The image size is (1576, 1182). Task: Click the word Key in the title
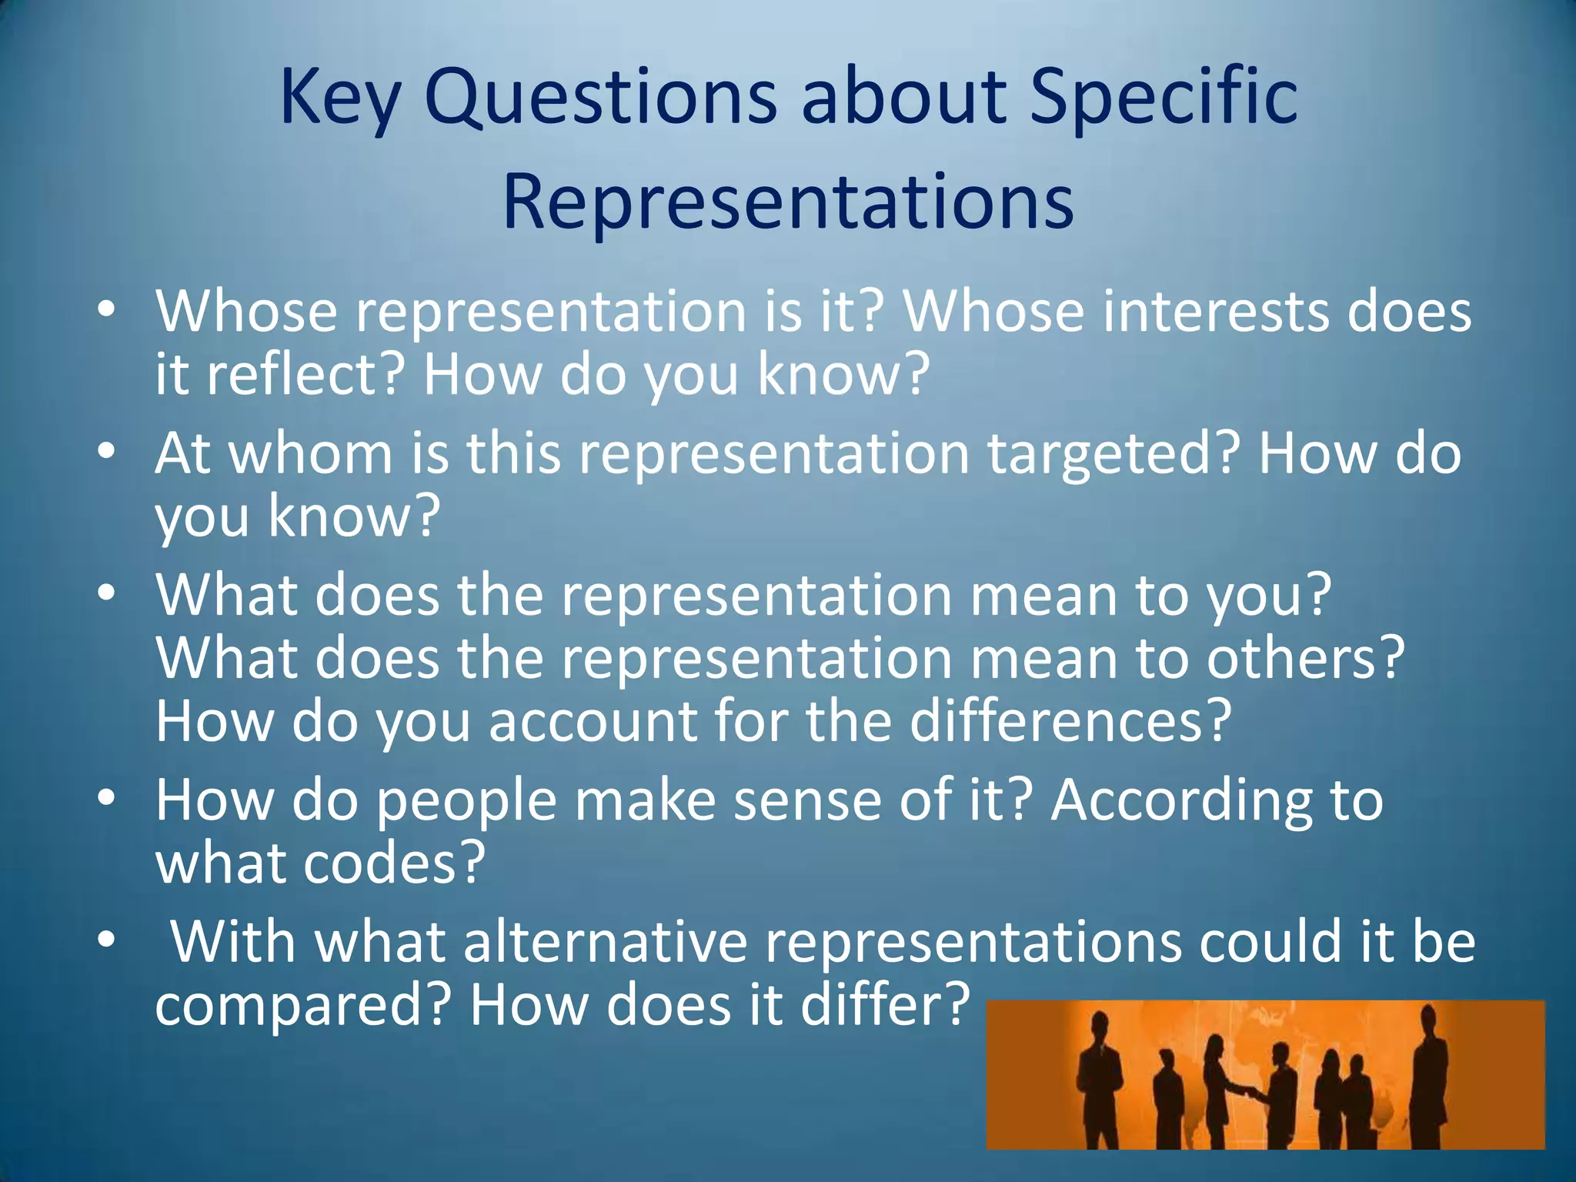tap(339, 98)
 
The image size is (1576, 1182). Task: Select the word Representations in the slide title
tap(788, 202)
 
